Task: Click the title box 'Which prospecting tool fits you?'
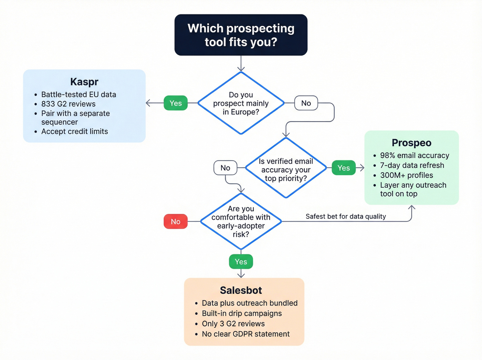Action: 241,35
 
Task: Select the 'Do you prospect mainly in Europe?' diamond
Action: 241,103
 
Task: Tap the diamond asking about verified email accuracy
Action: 286,168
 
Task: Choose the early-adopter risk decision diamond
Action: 241,221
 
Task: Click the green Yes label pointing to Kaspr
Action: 176,103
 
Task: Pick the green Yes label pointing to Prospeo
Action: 344,168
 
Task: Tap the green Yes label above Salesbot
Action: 241,262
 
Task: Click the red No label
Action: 176,222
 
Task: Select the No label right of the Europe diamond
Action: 306,103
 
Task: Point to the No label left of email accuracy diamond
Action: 225,168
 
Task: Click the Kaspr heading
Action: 84,82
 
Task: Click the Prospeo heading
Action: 411,143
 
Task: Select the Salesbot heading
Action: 241,290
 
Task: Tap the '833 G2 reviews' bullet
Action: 68,104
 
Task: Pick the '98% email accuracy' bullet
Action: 414,155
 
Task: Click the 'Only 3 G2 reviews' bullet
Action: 233,324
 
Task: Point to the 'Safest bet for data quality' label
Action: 346,216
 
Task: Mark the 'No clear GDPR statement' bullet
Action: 245,334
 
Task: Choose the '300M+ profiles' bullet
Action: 406,175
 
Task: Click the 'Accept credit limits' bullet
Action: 74,132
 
